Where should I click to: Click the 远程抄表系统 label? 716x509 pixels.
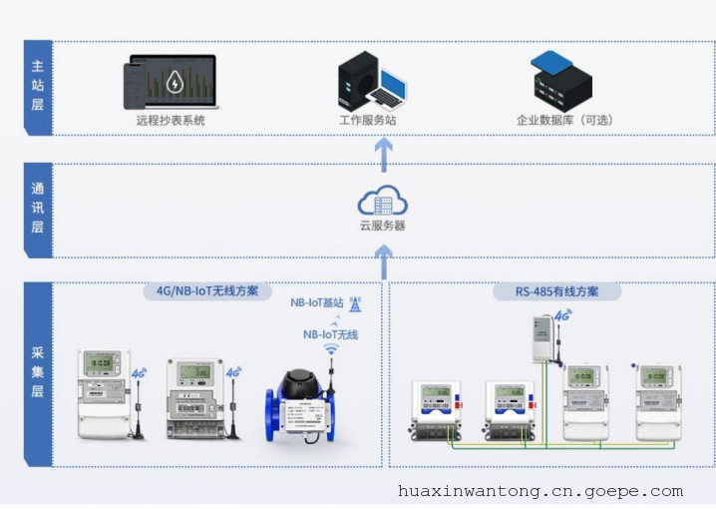tap(171, 121)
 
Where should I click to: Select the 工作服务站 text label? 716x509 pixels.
tap(368, 121)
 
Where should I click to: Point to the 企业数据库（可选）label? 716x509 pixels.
tap(564, 121)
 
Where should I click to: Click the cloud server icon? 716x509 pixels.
tap(383, 201)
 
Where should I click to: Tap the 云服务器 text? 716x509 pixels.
tap(383, 226)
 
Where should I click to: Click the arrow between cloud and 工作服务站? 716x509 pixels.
tap(383, 152)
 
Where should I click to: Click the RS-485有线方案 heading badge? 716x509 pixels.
tap(557, 291)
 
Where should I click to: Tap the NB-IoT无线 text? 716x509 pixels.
tap(330, 335)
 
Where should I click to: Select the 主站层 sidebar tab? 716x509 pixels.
tap(37, 87)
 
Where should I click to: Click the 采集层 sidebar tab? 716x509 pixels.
tap(37, 374)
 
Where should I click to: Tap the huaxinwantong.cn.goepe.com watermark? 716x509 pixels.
tap(539, 491)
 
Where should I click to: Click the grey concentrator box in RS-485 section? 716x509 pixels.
tap(542, 338)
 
